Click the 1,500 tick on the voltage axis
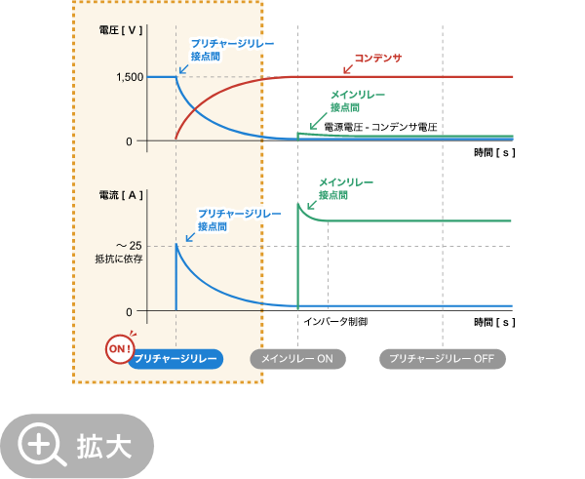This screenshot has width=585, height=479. (x=129, y=77)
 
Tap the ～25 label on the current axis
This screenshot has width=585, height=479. (x=130, y=245)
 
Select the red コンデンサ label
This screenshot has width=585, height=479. (x=377, y=59)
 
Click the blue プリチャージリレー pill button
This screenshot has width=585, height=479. (x=175, y=359)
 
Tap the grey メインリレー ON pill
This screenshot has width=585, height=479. (x=297, y=359)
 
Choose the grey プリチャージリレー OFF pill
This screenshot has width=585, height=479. (x=442, y=359)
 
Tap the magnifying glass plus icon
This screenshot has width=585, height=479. (x=40, y=445)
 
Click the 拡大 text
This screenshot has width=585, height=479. (x=104, y=446)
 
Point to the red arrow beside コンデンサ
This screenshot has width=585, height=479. (x=346, y=68)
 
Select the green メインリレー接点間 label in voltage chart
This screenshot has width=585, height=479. (x=357, y=100)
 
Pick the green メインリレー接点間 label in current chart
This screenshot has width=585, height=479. (x=345, y=188)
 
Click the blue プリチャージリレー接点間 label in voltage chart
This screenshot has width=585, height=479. (x=232, y=50)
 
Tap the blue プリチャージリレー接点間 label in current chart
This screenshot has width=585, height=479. (x=239, y=219)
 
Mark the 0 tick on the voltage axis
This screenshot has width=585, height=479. (x=129, y=141)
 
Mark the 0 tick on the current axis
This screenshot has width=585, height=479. (x=129, y=312)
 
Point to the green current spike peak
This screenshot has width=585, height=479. (x=297, y=204)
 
